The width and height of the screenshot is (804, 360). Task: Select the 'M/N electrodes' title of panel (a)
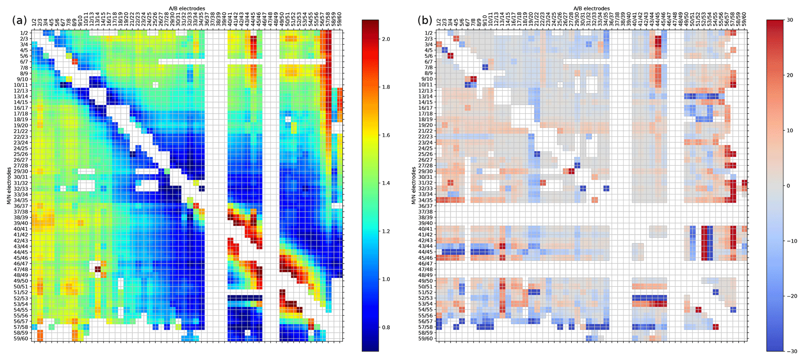(9, 185)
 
